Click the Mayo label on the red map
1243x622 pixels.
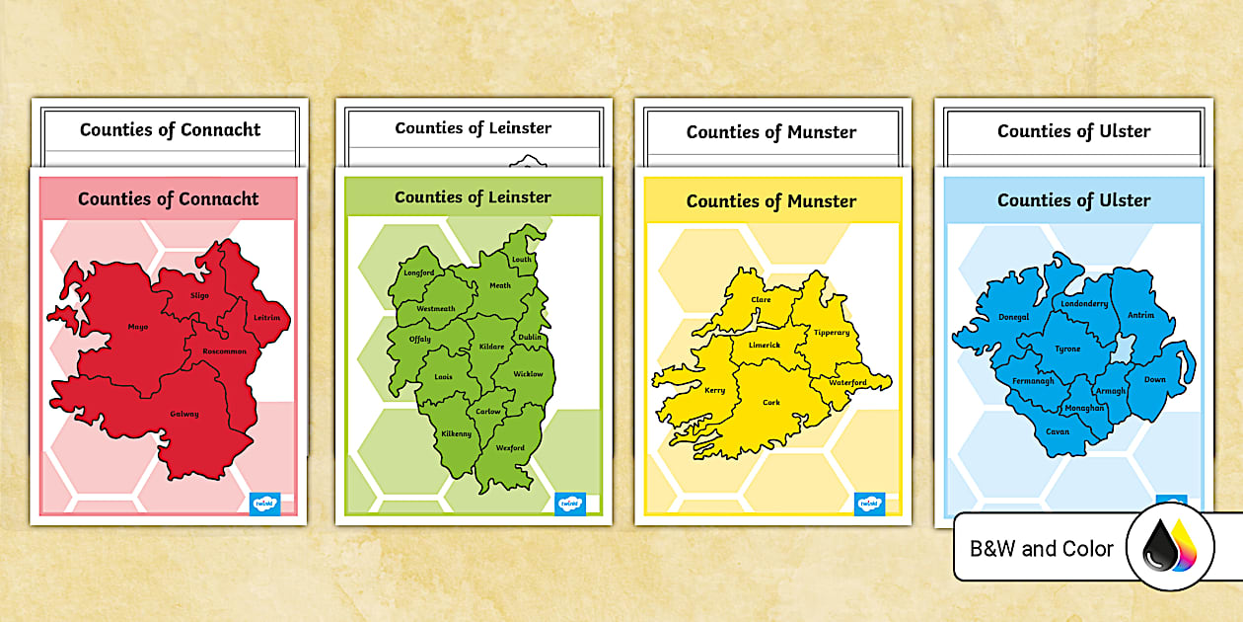point(137,326)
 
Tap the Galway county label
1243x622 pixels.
point(184,414)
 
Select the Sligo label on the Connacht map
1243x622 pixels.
point(199,295)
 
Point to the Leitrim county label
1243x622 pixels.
point(266,318)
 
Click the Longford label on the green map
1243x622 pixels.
point(418,273)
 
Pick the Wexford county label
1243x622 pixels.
point(510,448)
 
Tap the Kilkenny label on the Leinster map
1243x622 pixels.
point(456,433)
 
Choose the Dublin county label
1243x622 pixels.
point(530,338)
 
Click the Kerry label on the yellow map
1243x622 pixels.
point(714,390)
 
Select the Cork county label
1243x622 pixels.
point(771,403)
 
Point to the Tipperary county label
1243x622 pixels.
point(831,333)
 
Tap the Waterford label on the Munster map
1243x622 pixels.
point(847,382)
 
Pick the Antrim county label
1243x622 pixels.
point(1140,316)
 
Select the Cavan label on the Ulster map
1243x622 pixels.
point(1057,431)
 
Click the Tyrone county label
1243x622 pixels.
point(1067,349)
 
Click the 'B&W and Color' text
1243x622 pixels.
point(1042,549)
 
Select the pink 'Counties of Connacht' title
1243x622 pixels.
point(169,198)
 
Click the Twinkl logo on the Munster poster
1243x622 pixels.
point(868,503)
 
